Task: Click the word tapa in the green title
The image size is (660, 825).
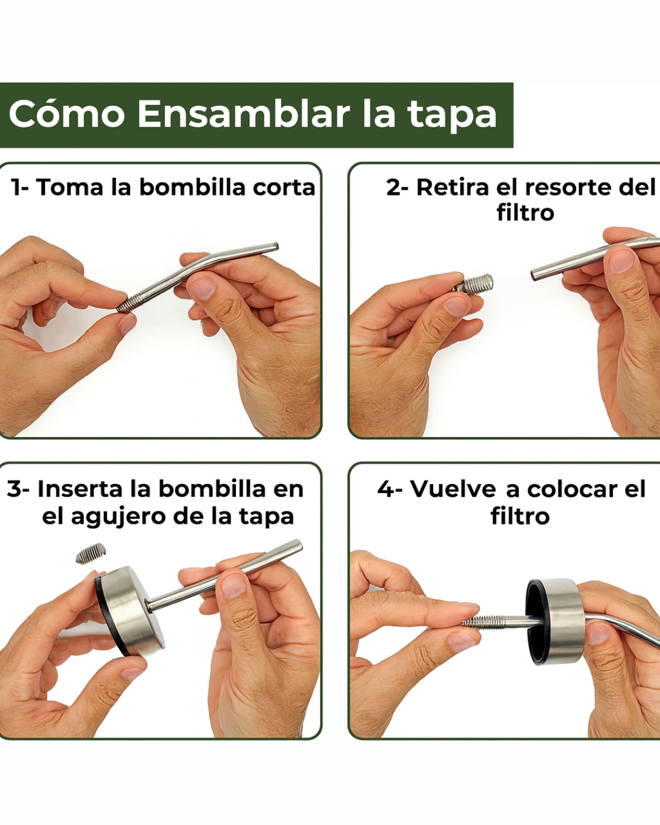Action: coord(452,115)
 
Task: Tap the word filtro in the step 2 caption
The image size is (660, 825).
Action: coord(525,213)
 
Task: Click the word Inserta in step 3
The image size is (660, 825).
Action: coord(80,489)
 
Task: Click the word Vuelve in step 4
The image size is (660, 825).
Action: coord(453,489)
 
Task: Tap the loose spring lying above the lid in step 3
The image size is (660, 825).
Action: coord(91,554)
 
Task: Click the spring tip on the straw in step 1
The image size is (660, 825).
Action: coord(127,304)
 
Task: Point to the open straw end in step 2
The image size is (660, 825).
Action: coord(535,275)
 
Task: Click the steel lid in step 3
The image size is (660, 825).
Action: coord(131,611)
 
